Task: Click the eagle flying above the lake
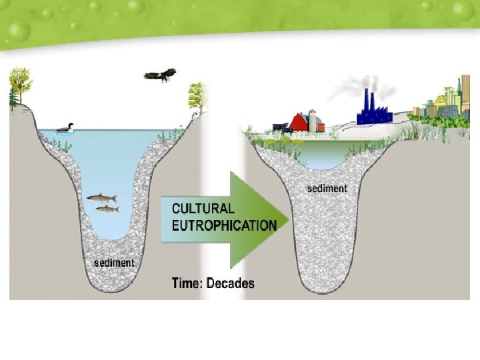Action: (x=160, y=74)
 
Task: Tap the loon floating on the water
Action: (x=65, y=129)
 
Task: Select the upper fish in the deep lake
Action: (x=102, y=198)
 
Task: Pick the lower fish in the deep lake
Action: (x=107, y=209)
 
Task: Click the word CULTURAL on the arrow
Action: (x=203, y=209)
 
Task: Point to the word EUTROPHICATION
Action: (x=224, y=225)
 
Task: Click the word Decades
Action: (x=230, y=283)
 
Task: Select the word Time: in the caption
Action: (x=187, y=283)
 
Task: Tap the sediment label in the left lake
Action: (x=113, y=263)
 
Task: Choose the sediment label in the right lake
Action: (x=327, y=189)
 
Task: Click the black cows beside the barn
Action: (x=280, y=127)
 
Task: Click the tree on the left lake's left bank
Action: (x=20, y=85)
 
